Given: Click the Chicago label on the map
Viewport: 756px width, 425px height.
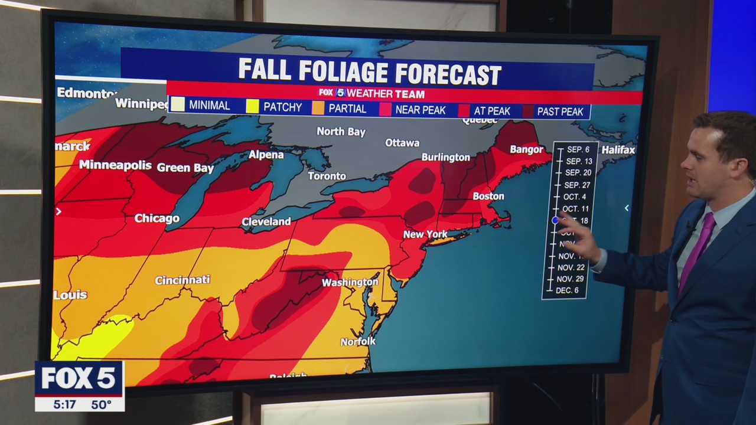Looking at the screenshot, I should pyautogui.click(x=157, y=218).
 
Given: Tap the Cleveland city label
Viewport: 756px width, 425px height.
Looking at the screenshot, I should pyautogui.click(x=266, y=221).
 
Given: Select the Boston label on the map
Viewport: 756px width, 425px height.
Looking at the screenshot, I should pyautogui.click(x=488, y=196).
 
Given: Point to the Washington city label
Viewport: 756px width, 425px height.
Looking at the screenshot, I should pyautogui.click(x=350, y=282).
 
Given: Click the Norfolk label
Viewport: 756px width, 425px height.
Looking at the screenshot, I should pyautogui.click(x=358, y=341).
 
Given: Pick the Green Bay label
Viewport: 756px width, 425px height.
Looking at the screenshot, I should pyautogui.click(x=185, y=168).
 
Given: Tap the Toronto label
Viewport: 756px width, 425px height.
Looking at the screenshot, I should pyautogui.click(x=327, y=176).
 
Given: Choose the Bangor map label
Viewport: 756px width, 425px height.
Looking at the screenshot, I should pyautogui.click(x=526, y=149).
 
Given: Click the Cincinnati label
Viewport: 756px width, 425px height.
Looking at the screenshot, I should pyautogui.click(x=182, y=280).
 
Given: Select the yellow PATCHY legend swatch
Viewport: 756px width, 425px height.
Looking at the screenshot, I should pyautogui.click(x=252, y=107).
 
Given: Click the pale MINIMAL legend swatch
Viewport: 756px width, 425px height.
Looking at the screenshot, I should pyautogui.click(x=177, y=105).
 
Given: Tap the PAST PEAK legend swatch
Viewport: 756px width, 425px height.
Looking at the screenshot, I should pyautogui.click(x=527, y=111).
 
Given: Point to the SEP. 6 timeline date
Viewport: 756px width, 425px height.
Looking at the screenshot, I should pyautogui.click(x=578, y=150).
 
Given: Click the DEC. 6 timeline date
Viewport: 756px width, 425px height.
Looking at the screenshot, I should pyautogui.click(x=567, y=290).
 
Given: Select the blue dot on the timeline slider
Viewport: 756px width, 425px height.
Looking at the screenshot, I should pyautogui.click(x=555, y=220).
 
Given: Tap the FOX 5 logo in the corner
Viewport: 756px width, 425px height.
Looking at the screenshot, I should pyautogui.click(x=79, y=378).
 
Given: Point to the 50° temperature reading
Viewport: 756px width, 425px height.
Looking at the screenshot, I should pyautogui.click(x=101, y=405).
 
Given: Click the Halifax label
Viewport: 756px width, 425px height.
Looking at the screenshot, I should pyautogui.click(x=618, y=150).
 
